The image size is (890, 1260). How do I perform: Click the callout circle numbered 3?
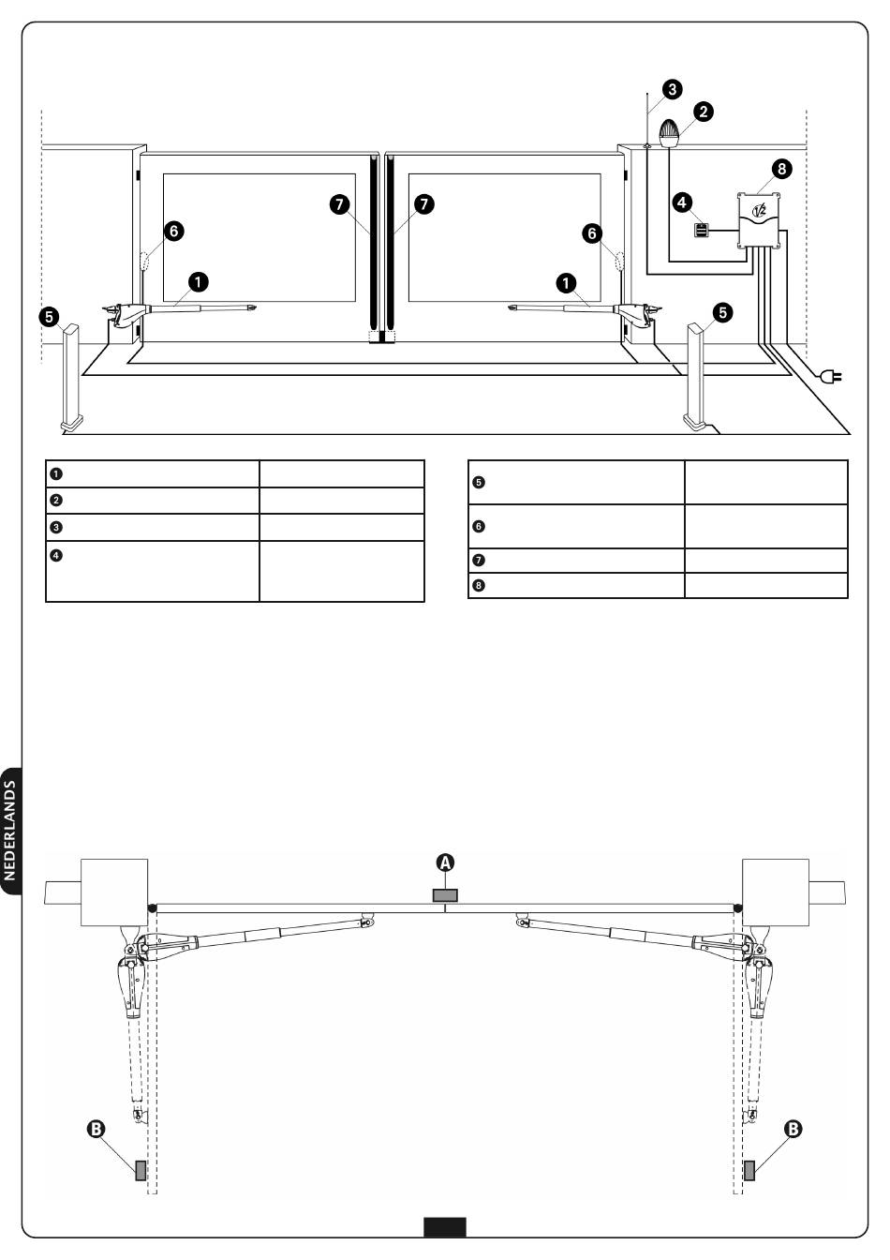(671, 90)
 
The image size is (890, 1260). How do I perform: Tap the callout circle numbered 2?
(701, 112)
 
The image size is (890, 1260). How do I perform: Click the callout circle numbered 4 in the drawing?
(683, 201)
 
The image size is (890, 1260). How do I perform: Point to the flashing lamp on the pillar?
(671, 134)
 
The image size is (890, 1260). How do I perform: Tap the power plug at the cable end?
(830, 377)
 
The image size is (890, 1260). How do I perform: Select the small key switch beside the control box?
(701, 231)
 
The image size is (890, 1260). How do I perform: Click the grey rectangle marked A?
(445, 895)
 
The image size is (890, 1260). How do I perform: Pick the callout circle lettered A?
(446, 862)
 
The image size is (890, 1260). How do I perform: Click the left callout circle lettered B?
(95, 1131)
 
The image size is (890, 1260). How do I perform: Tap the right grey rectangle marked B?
(749, 1170)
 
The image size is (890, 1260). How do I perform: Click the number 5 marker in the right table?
(479, 483)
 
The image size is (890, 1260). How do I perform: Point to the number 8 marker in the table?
(479, 587)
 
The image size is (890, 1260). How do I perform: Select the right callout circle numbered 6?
(592, 234)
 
